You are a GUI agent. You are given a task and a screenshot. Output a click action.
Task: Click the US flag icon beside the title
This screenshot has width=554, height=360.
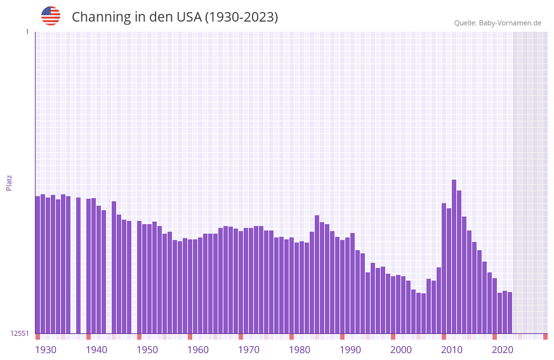click(51, 16)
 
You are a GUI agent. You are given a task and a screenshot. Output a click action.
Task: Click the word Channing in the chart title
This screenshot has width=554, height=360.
click(101, 17)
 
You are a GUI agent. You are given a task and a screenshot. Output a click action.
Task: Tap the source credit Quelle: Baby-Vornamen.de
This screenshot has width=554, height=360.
click(498, 23)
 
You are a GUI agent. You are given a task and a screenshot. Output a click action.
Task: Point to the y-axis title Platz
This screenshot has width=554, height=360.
click(9, 182)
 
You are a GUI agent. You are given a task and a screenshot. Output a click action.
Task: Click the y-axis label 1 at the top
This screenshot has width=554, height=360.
click(27, 32)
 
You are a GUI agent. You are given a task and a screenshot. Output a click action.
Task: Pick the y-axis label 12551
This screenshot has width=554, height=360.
click(19, 333)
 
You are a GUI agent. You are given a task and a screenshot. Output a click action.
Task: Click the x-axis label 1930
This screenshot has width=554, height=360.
click(46, 350)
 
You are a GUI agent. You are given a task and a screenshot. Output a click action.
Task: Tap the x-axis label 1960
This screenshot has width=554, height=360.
click(198, 350)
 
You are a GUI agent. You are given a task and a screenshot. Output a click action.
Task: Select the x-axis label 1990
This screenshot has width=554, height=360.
click(350, 350)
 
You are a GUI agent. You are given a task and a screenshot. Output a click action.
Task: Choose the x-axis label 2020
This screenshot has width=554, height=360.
click(503, 350)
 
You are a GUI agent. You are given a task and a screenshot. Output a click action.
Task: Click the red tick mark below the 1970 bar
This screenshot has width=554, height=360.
click(241, 337)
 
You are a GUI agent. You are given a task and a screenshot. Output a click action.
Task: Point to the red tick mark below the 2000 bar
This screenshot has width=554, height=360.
click(393, 337)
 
